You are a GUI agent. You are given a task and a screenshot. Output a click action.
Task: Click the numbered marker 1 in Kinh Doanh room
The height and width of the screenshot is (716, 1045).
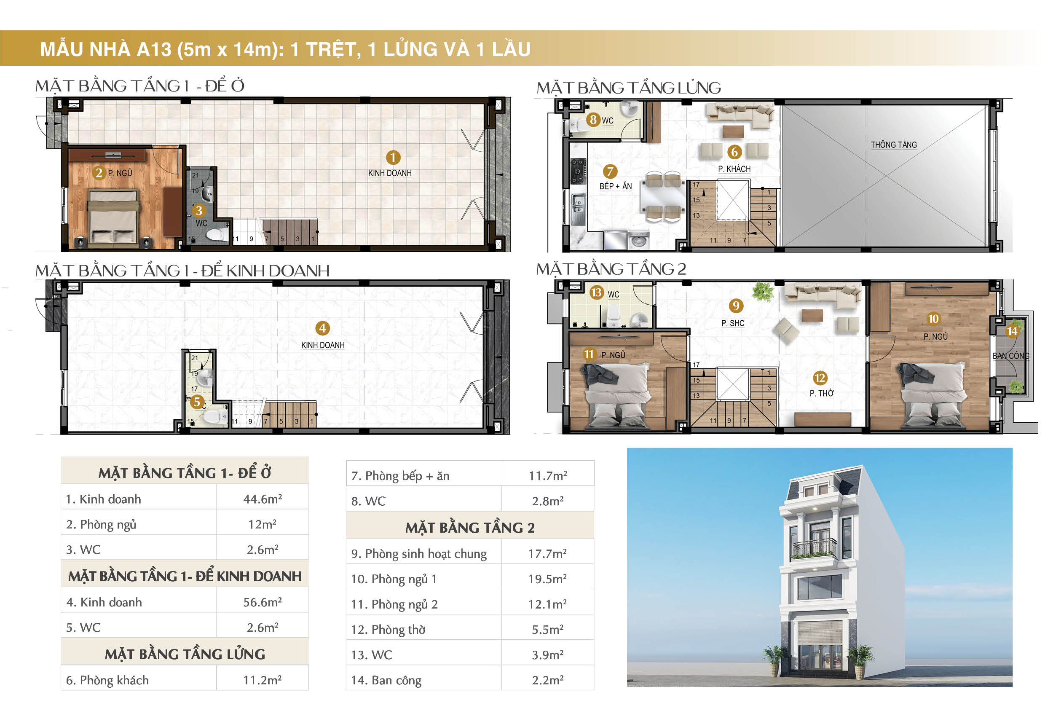click(x=393, y=158)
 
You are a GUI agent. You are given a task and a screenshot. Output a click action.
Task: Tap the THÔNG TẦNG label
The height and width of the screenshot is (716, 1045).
click(x=893, y=145)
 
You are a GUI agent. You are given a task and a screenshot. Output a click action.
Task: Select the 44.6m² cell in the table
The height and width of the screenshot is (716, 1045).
click(x=262, y=499)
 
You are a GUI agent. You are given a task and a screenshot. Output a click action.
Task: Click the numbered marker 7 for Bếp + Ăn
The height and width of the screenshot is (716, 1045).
click(x=610, y=172)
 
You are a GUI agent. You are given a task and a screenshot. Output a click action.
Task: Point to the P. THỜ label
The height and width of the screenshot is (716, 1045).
click(x=821, y=394)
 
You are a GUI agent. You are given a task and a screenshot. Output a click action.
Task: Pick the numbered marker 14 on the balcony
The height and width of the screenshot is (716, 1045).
click(x=1012, y=332)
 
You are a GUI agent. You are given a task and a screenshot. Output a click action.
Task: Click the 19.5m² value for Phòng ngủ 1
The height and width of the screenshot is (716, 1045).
click(x=547, y=579)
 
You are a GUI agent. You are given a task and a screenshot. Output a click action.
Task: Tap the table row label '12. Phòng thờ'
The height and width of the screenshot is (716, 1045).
click(x=388, y=630)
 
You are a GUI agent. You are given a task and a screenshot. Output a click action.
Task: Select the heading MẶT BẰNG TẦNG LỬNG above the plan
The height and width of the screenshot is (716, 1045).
click(x=628, y=88)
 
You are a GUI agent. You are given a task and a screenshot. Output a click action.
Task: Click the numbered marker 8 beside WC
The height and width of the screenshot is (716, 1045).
click(x=593, y=120)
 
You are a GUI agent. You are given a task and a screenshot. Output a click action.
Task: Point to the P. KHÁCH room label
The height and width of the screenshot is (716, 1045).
click(x=734, y=169)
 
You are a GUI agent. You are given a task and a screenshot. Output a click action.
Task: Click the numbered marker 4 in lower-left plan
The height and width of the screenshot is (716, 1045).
click(x=322, y=328)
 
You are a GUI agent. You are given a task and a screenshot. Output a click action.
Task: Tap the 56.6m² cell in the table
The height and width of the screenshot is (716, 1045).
click(x=262, y=602)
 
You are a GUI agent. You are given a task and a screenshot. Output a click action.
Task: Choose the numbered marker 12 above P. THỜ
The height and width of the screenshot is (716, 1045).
click(x=820, y=378)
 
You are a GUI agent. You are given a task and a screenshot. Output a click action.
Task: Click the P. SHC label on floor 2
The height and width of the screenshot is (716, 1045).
click(x=732, y=323)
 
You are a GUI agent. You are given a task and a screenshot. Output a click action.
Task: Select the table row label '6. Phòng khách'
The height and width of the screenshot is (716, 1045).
click(x=107, y=680)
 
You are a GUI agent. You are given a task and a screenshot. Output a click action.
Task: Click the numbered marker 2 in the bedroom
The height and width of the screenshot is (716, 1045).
click(x=99, y=173)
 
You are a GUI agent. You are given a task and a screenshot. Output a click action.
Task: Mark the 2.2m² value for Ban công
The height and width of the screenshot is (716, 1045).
click(x=547, y=680)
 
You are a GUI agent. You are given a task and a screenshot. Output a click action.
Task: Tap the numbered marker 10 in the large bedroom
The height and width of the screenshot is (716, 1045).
click(x=933, y=319)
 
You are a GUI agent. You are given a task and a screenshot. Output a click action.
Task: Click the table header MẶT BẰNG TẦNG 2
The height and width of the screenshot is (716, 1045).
click(x=470, y=528)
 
